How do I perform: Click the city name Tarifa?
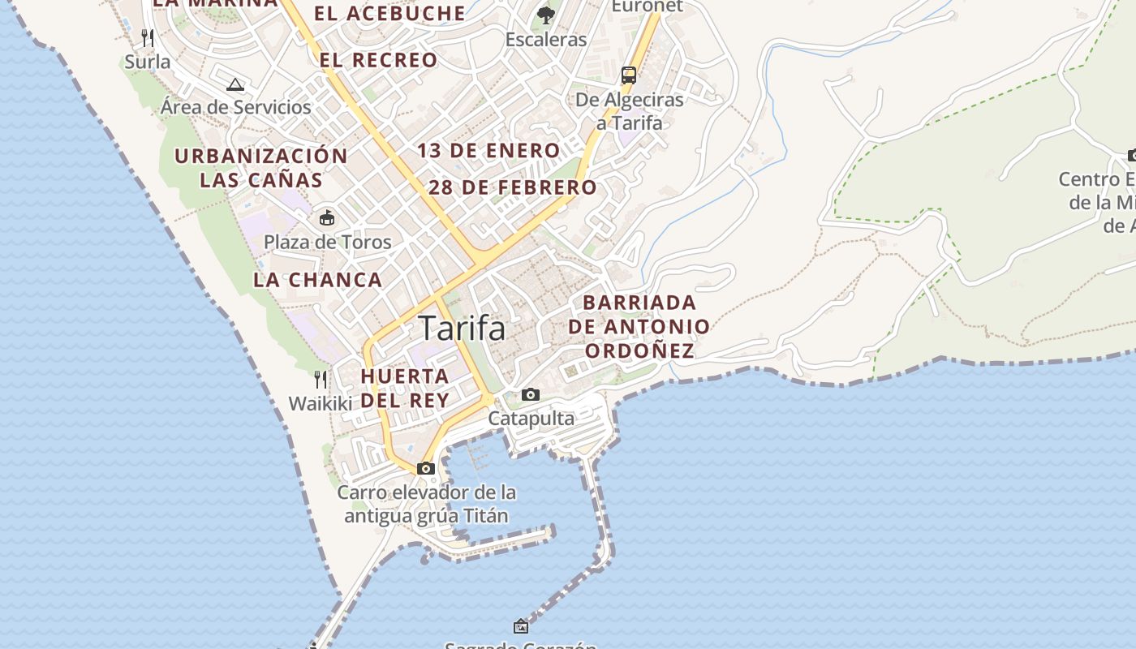tap(463, 328)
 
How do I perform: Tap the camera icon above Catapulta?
tap(531, 395)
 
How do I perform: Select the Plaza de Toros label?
tap(328, 242)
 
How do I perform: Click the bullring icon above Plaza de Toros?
tap(327, 217)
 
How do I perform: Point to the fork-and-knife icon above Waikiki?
tap(321, 379)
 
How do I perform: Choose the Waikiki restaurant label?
tap(321, 403)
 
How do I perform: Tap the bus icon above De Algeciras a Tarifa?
tap(629, 75)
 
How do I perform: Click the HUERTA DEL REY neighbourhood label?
tap(405, 388)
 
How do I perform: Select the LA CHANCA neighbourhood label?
tap(317, 280)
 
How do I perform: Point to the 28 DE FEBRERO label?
tap(513, 187)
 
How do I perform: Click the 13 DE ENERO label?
tap(488, 151)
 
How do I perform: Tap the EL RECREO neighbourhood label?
tap(378, 60)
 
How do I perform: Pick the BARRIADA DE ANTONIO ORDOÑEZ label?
tap(639, 326)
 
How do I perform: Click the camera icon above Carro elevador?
tap(426, 468)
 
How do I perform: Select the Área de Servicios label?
tap(236, 107)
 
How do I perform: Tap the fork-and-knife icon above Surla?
tap(148, 38)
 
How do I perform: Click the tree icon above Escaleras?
tap(546, 15)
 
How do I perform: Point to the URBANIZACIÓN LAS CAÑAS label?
tap(261, 167)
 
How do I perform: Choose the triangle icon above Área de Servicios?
tap(235, 84)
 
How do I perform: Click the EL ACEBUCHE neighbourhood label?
tap(389, 14)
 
